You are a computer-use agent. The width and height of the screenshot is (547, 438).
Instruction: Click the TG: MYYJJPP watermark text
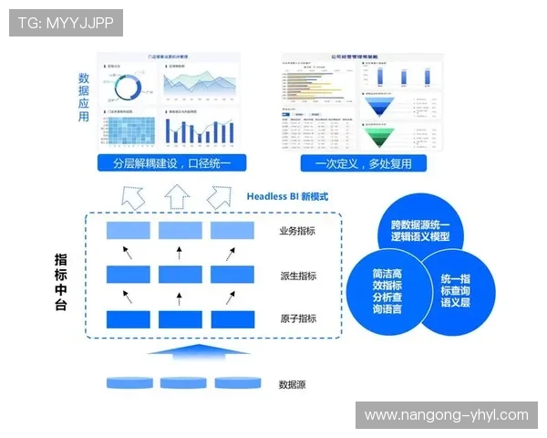pyautogui.click(x=66, y=23)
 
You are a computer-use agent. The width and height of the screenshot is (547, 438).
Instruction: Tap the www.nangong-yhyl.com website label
pyautogui.click(x=446, y=415)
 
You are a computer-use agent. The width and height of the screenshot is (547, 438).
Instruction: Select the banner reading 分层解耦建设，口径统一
pyautogui.click(x=172, y=164)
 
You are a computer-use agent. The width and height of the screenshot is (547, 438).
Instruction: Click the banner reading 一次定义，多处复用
pyautogui.click(x=362, y=164)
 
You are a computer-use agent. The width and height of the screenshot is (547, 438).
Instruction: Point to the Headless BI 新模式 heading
pyautogui.click(x=287, y=196)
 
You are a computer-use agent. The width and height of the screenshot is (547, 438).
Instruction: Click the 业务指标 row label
pyautogui.click(x=298, y=232)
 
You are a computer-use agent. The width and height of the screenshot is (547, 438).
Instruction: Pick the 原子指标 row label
pyautogui.click(x=298, y=318)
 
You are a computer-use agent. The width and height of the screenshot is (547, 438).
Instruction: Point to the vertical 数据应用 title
pyautogui.click(x=84, y=99)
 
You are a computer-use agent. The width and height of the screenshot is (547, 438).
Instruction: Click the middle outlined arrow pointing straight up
pyautogui.click(x=177, y=195)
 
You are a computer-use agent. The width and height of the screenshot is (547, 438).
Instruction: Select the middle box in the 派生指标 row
pyautogui.click(x=180, y=274)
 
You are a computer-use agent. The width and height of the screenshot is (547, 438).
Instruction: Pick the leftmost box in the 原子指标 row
pyautogui.click(x=129, y=318)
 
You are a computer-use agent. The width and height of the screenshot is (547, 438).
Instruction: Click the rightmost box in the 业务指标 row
pyautogui.click(x=232, y=230)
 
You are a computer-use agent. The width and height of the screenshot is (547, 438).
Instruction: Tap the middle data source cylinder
pyautogui.click(x=179, y=382)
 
